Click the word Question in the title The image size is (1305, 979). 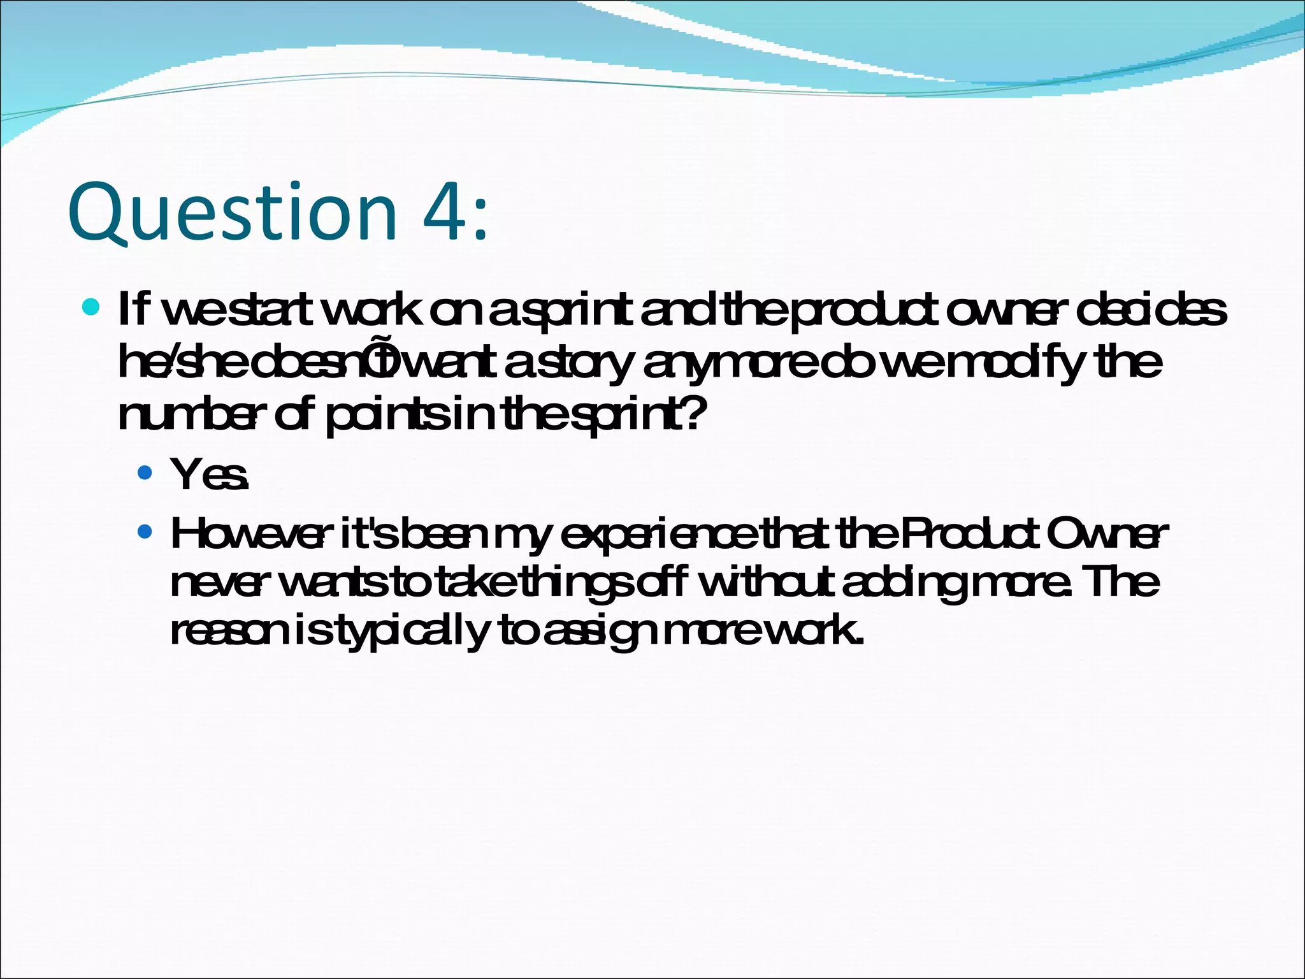233,212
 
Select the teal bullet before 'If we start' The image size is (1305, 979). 92,308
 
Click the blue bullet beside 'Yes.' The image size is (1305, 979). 145,472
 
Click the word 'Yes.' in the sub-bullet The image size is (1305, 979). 209,475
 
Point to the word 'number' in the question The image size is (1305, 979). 189,415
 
